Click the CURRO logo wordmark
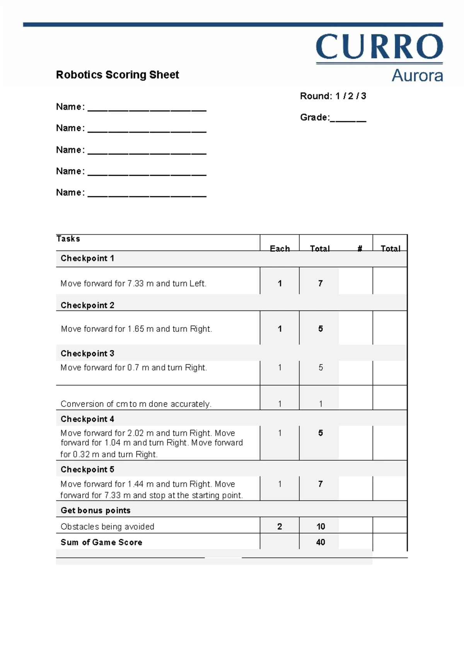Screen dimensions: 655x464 pyautogui.click(x=379, y=47)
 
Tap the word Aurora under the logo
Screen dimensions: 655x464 pyautogui.click(x=417, y=75)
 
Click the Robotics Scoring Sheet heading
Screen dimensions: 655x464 pyautogui.click(x=117, y=75)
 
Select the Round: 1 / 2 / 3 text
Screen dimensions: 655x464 pyautogui.click(x=333, y=96)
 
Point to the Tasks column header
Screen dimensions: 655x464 pyautogui.click(x=68, y=239)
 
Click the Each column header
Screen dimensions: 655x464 pyautogui.click(x=280, y=248)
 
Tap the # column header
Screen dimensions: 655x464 pyautogui.click(x=360, y=248)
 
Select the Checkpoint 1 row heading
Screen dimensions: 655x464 pyautogui.click(x=87, y=258)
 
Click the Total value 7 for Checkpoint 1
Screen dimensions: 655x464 pyautogui.click(x=320, y=283)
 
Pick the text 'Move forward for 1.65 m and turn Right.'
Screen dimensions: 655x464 pyautogui.click(x=136, y=329)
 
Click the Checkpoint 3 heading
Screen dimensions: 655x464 pyautogui.click(x=87, y=353)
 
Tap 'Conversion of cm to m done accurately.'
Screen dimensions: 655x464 pyautogui.click(x=136, y=404)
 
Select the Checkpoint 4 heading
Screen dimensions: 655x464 pyautogui.click(x=87, y=419)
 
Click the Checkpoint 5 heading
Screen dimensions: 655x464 pyautogui.click(x=87, y=470)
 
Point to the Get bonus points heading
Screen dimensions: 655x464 pyautogui.click(x=96, y=511)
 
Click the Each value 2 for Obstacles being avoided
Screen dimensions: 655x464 pyautogui.click(x=280, y=526)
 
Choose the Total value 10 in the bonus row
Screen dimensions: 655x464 pyautogui.click(x=321, y=526)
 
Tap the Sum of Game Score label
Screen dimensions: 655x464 pyautogui.click(x=101, y=542)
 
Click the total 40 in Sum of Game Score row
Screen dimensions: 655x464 pyautogui.click(x=321, y=542)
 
